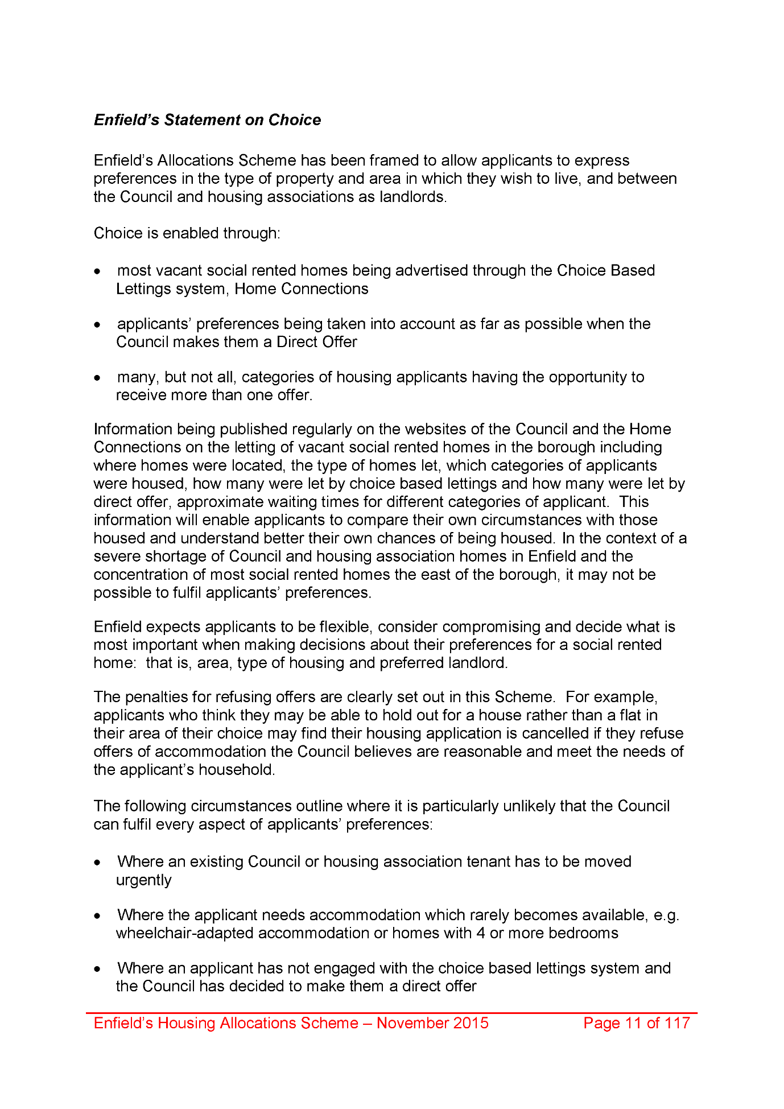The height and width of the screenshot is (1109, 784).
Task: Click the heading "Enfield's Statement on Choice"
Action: click(207, 120)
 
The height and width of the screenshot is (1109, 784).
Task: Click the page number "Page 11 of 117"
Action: click(636, 1023)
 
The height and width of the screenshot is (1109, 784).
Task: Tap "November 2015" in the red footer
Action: click(432, 1023)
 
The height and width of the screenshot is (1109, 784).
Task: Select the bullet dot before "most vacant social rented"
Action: click(98, 271)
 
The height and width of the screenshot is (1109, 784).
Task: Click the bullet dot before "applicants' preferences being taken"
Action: click(98, 325)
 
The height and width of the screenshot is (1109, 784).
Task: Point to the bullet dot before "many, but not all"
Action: click(98, 378)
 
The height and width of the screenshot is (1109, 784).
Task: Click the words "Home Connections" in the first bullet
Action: click(302, 289)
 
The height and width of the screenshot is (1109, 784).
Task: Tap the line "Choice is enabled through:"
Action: click(187, 233)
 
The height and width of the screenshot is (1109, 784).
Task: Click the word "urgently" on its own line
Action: click(143, 880)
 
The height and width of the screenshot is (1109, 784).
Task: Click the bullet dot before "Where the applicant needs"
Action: click(98, 916)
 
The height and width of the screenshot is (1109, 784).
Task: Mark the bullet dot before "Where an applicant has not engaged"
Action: click(98, 969)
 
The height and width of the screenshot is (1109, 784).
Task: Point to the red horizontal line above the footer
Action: click(391, 1013)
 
